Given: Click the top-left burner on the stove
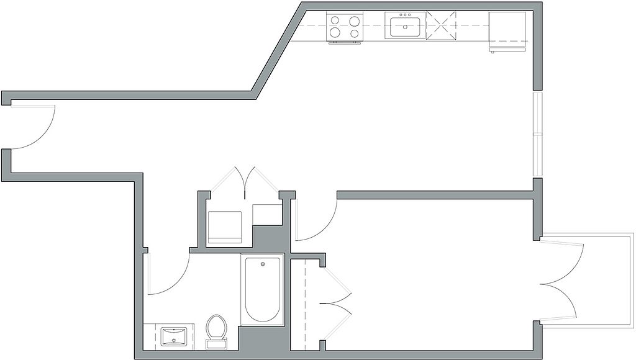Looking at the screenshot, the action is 335,20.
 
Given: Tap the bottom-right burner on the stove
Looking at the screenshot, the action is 355,32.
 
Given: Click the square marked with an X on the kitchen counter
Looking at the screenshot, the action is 441,27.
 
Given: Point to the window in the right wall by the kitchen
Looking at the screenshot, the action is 537,133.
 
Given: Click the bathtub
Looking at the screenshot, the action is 262,289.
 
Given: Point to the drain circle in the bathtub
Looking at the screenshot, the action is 262,265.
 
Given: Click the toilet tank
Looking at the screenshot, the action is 216,341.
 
